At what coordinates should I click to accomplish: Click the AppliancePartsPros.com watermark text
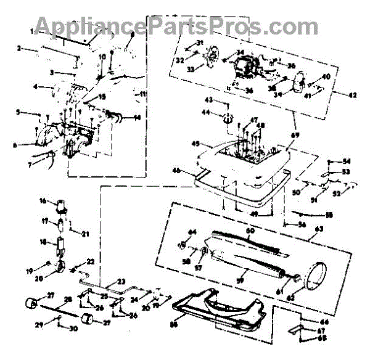pos(176,25)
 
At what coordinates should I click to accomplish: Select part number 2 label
pos(19,47)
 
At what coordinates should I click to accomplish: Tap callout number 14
pos(136,117)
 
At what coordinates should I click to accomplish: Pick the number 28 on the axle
pos(68,299)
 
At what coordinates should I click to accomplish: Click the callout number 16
pos(43,201)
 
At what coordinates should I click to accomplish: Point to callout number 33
pos(191,70)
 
